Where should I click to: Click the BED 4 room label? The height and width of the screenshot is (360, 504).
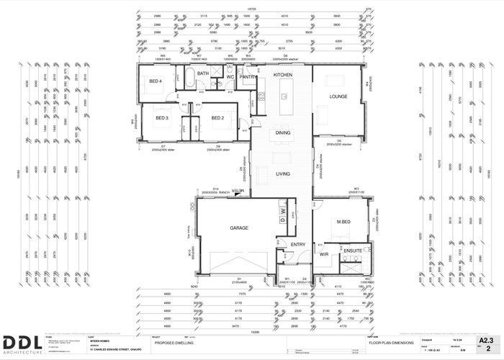[x=156, y=81]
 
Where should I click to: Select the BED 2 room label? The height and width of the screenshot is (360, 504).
[x=218, y=117]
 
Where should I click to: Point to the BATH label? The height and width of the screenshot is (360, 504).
[x=203, y=73]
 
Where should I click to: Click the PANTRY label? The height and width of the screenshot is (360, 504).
[x=248, y=76]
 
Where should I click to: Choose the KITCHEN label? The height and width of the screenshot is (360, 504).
[x=283, y=75]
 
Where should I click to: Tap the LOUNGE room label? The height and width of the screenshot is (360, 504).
[x=338, y=96]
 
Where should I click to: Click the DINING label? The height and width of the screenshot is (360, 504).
[x=283, y=133]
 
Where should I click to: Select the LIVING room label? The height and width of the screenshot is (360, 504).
[x=283, y=174]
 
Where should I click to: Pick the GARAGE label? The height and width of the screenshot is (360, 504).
[x=239, y=228]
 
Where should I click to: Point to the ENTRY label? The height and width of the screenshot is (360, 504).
[x=297, y=245]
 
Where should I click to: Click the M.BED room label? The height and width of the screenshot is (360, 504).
[x=341, y=221]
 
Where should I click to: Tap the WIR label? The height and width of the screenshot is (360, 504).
[x=324, y=254]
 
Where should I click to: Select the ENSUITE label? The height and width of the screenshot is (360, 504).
[x=353, y=251]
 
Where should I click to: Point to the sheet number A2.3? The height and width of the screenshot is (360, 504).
[x=487, y=339]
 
